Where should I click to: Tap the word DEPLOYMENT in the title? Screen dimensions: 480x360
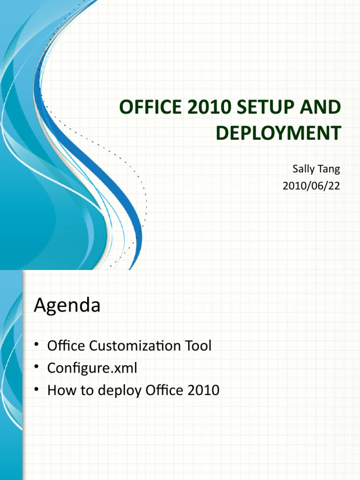[x=278, y=133]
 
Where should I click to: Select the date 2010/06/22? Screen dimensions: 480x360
[x=311, y=186]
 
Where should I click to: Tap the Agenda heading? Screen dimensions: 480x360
[x=67, y=306]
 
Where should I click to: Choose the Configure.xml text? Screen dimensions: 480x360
[x=92, y=368]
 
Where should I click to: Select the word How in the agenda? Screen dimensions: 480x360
[x=60, y=390]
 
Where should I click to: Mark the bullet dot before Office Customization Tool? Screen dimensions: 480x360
[x=37, y=346]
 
